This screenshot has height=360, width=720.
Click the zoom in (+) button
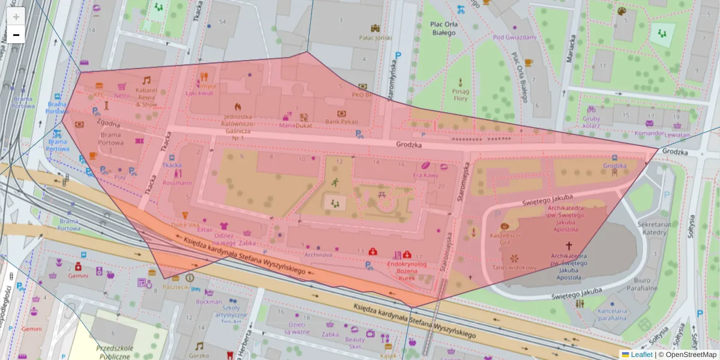point(16,16)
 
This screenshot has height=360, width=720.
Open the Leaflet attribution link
point(641,355)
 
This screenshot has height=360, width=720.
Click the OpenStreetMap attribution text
point(690,355)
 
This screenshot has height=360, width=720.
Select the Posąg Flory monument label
point(460,94)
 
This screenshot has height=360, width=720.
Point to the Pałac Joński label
point(375,37)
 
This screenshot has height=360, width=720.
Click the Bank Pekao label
point(341,122)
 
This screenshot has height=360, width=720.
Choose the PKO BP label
point(362,94)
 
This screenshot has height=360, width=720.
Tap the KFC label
point(99,95)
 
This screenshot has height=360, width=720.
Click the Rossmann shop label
point(177,182)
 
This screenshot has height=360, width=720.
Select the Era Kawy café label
point(426,175)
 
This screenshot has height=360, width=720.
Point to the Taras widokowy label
point(514,268)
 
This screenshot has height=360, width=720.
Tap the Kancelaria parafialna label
point(612,314)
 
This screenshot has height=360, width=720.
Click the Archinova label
point(319,254)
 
